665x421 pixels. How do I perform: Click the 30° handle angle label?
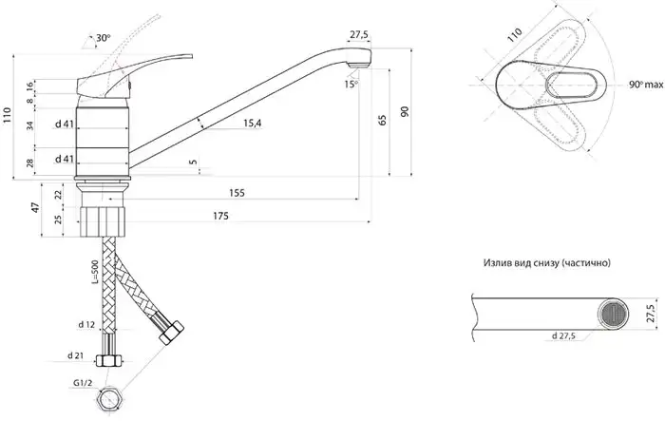(103, 38)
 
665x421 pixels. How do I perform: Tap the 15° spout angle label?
(351, 84)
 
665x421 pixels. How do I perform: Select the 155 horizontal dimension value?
(237, 193)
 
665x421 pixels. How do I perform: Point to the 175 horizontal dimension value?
(220, 216)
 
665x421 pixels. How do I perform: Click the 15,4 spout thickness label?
(253, 124)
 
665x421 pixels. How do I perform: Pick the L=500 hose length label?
(95, 272)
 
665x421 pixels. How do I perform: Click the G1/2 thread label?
(83, 383)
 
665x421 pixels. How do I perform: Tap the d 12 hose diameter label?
(86, 325)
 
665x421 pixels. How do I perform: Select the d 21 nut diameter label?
(75, 355)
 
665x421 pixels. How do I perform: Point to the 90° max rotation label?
(646, 85)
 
